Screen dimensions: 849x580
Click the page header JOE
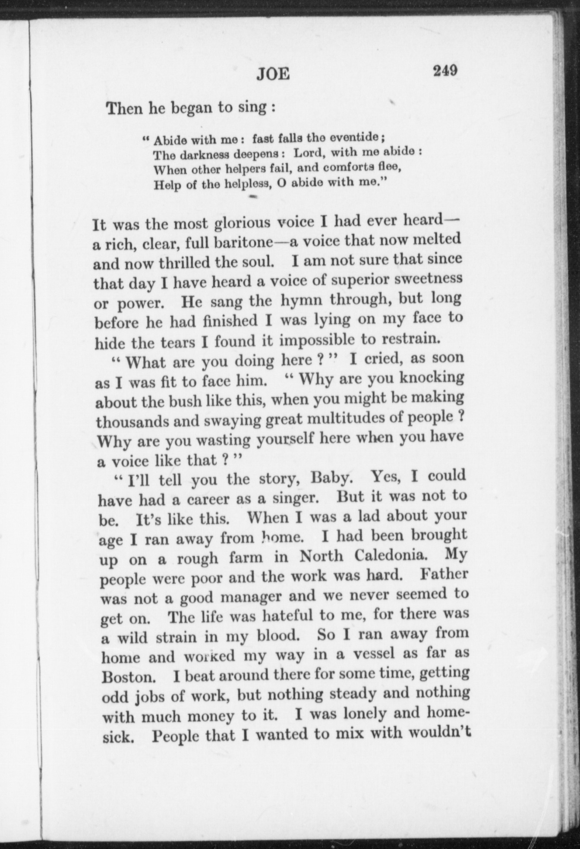tap(273, 74)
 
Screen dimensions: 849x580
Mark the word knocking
tap(432, 378)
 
